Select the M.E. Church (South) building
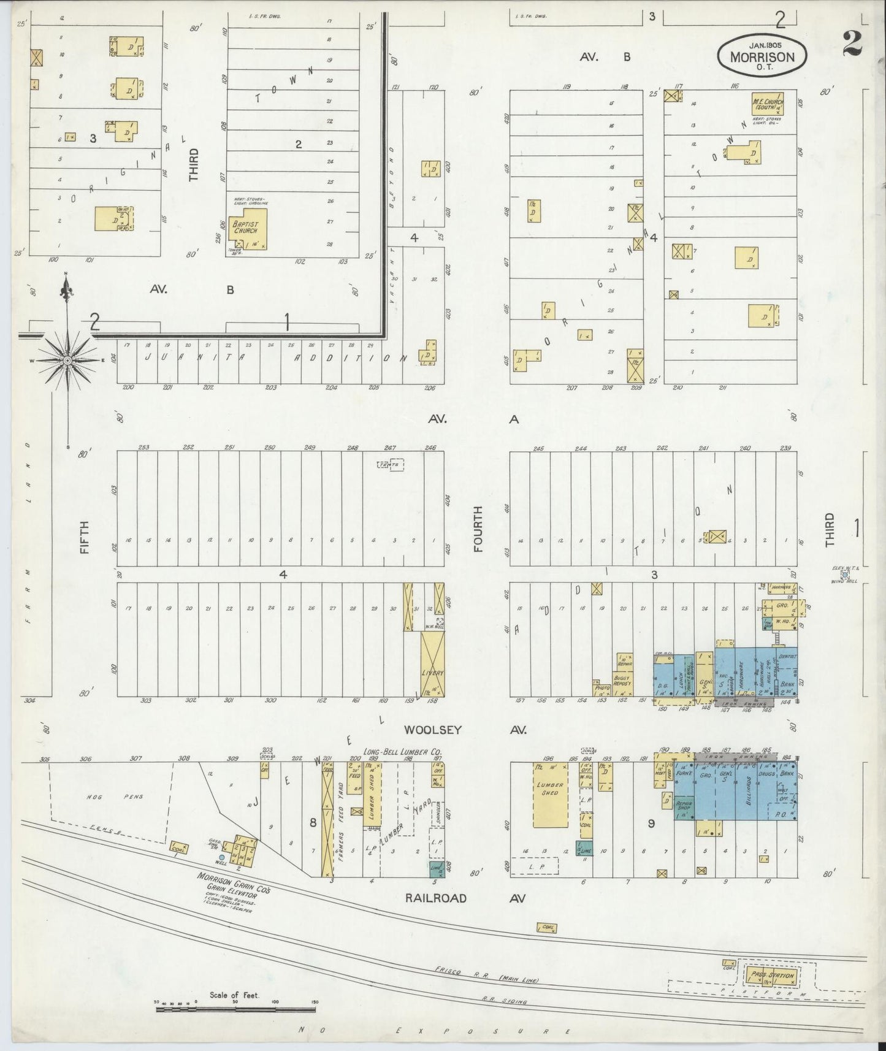(766, 104)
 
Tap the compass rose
(67, 359)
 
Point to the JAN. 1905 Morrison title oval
(762, 55)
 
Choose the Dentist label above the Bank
(789, 656)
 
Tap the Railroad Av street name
(435, 898)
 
